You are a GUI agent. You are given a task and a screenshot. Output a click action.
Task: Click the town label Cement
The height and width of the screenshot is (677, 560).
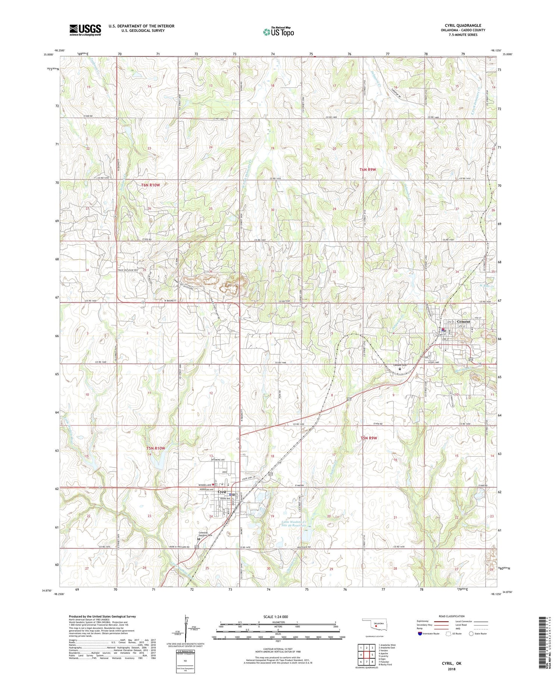pos(462,322)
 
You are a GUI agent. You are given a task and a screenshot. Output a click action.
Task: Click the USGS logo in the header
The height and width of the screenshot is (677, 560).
pos(85,30)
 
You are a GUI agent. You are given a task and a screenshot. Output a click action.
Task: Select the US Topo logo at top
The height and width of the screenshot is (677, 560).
pos(278,32)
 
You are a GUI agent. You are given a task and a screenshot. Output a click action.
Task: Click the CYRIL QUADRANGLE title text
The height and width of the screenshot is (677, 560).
pos(462,26)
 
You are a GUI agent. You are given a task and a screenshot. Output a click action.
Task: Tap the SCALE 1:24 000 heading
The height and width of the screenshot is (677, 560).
pos(278,617)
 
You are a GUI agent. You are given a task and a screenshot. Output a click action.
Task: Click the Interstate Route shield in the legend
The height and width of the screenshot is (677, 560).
pos(420,634)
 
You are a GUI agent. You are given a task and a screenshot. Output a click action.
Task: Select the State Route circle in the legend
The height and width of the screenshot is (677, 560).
pos(472,634)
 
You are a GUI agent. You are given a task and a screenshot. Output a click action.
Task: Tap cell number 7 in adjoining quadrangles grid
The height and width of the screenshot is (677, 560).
pos(367,662)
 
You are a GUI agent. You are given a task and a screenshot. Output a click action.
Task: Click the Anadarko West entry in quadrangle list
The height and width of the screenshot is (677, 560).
pos(387,645)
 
